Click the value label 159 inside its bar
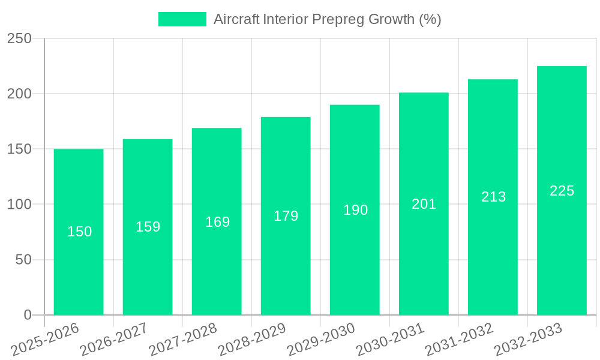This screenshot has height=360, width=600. pyautogui.click(x=148, y=227)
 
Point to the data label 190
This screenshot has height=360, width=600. pyautogui.click(x=355, y=210)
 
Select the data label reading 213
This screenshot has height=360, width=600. pyautogui.click(x=493, y=197)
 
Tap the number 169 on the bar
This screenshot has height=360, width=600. pyautogui.click(x=217, y=222)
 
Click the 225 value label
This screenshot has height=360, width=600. pyautogui.click(x=562, y=191)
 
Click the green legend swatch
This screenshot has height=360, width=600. pyautogui.click(x=182, y=19)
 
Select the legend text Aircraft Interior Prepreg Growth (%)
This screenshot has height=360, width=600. pyautogui.click(x=327, y=19)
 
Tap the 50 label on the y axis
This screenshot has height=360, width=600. pyautogui.click(x=24, y=260)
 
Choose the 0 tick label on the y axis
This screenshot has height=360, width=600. pyautogui.click(x=28, y=315)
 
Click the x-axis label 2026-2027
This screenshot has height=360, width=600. pyautogui.click(x=115, y=340)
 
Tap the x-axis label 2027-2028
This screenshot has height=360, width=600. pyautogui.click(x=184, y=340)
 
